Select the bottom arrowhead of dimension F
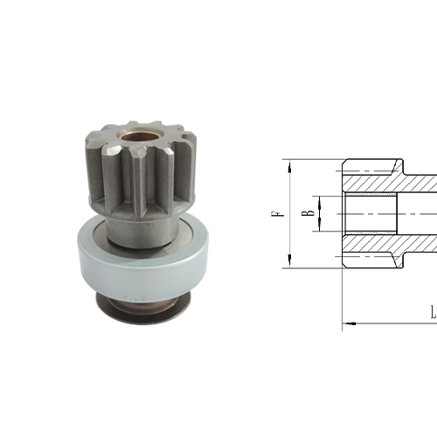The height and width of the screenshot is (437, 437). point(287,263)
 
